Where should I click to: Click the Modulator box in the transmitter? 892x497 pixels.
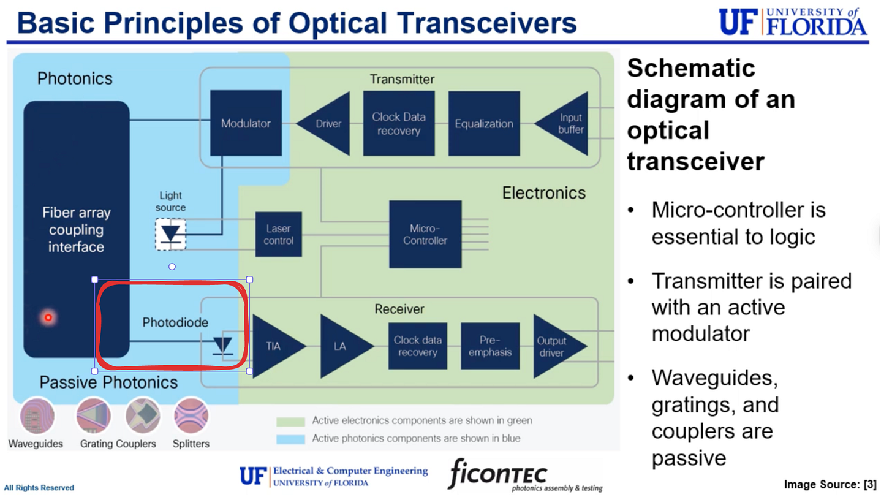(246, 123)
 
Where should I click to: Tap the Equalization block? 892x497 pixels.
(484, 123)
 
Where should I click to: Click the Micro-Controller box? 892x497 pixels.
(425, 234)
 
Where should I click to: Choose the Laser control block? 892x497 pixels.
(279, 234)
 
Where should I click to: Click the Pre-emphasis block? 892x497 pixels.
(490, 346)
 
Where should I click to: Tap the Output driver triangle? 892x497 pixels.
(554, 346)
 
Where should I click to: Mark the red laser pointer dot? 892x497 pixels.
(48, 317)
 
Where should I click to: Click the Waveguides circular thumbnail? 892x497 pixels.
(37, 415)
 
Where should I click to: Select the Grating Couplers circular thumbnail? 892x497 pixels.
(93, 415)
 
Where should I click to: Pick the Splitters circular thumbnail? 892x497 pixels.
(191, 415)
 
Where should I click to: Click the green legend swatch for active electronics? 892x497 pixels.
(290, 422)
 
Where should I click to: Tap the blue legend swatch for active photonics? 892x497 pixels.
(290, 439)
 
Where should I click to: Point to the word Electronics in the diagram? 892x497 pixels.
(543, 193)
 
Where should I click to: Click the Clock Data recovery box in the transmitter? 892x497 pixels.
(399, 123)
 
